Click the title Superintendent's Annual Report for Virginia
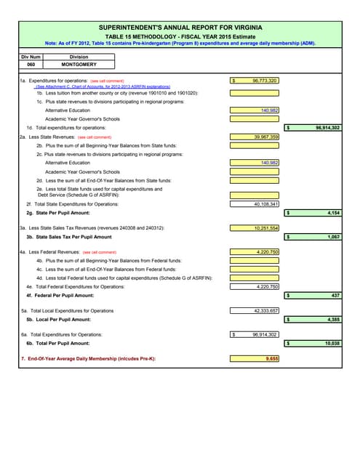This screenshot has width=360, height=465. [180, 27]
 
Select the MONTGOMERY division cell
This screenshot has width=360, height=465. [79, 64]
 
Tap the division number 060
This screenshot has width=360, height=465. [31, 64]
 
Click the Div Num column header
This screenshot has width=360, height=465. [31, 56]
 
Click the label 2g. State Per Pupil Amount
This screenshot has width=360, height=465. [58, 213]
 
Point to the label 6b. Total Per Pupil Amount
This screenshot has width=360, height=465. [59, 342]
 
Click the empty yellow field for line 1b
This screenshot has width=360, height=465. [255, 93]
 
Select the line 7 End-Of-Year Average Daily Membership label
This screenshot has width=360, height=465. [88, 358]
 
